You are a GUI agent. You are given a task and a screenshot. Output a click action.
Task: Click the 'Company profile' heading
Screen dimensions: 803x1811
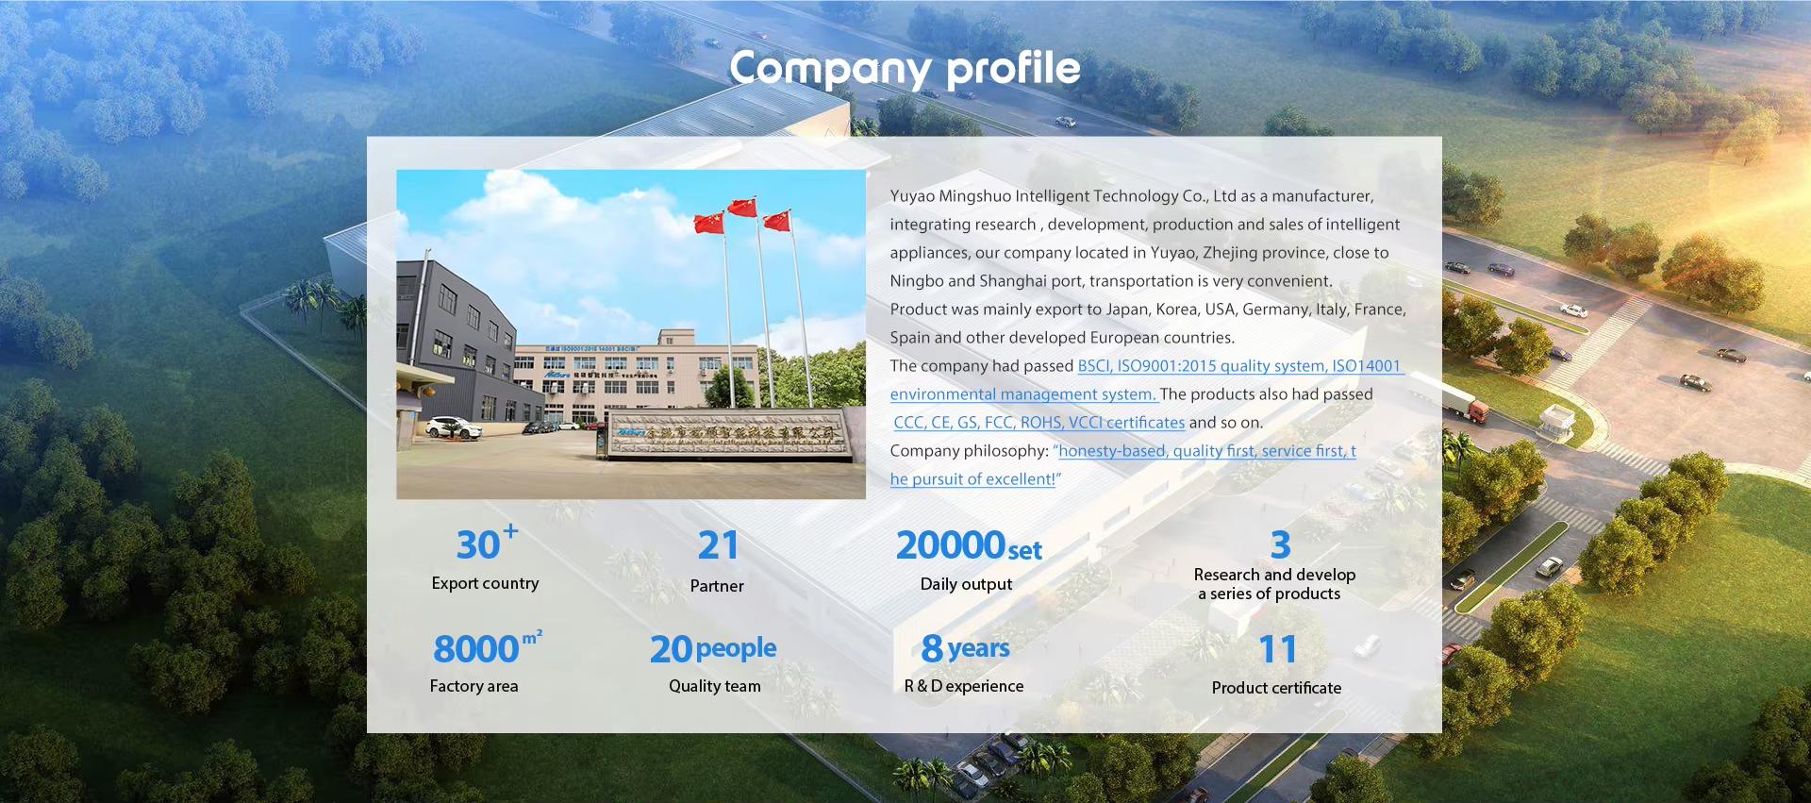coord(905,68)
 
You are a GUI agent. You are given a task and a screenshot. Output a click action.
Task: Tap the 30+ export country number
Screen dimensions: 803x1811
coord(485,544)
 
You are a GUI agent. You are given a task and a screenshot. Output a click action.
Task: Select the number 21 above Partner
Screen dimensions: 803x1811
coord(718,545)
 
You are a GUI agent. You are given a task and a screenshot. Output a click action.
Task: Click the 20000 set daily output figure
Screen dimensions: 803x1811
coord(968,545)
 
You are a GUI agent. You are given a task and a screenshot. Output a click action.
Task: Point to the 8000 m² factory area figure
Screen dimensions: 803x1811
coord(486,648)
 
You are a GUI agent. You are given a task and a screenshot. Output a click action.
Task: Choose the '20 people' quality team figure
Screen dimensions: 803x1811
coord(713,648)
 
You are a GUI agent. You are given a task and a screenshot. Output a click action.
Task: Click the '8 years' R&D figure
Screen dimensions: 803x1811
coord(965,648)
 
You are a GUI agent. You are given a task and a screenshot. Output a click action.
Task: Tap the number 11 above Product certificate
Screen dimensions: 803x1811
coord(1277,649)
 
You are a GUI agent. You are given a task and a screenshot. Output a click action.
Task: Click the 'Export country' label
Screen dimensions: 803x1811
coord(485,583)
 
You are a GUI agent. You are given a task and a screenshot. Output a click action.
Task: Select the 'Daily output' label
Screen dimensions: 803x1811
coord(966,584)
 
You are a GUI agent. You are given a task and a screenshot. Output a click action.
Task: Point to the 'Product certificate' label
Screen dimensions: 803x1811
coord(1276,688)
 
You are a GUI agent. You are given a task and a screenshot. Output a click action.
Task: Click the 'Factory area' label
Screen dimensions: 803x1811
coord(474,686)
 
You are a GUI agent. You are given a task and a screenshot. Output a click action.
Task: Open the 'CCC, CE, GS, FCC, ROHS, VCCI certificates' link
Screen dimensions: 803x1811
coord(1038,423)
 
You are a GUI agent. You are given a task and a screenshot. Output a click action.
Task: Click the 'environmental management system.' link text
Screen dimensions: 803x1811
coord(1022,394)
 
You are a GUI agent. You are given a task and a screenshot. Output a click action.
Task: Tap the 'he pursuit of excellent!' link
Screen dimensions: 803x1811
coord(972,479)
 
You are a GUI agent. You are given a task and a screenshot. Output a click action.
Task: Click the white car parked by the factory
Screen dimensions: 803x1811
coord(454,428)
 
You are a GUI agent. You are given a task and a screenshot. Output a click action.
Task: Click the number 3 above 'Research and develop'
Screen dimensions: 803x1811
coord(1280,544)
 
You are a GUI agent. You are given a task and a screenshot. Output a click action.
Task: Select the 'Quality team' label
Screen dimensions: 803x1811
coord(714,686)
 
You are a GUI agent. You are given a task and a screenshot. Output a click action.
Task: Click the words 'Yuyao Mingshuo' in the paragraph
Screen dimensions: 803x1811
coord(950,196)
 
